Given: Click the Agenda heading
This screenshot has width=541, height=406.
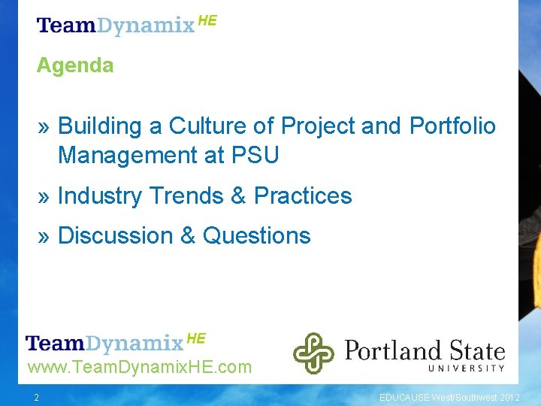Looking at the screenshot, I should coord(75,65).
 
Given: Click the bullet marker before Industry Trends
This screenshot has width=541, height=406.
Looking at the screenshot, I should coord(44,196).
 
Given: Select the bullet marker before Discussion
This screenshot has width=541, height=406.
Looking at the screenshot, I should coord(44,236).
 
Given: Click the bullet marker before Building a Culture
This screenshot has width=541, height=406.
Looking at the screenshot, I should coord(44,126).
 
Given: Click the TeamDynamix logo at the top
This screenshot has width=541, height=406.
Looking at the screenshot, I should coord(126,25).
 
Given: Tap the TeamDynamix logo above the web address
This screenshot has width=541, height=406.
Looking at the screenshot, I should coord(115,343).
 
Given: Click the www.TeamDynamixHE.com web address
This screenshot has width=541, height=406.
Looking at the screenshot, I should coord(139,368).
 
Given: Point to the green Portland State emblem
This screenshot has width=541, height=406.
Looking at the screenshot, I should coord(313,353).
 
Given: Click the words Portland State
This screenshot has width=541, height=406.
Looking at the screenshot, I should coord(424,350).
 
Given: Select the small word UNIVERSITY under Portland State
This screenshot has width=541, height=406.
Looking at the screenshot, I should coord(466,368).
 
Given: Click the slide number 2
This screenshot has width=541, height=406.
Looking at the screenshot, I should coord(35,398).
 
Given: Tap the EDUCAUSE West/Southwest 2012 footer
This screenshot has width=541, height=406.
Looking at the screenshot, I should coord(449,398).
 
